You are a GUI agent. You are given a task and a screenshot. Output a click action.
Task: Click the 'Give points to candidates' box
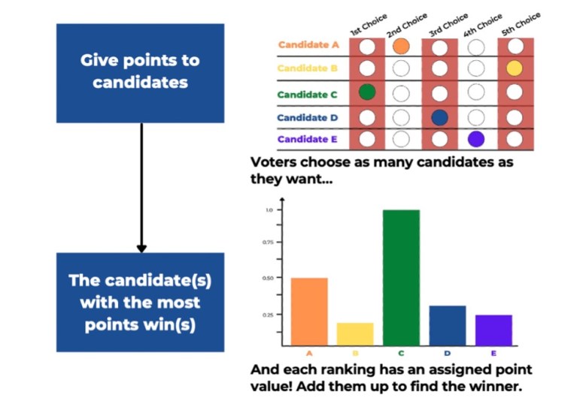click(140, 72)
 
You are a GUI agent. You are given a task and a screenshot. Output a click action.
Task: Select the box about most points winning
click(140, 302)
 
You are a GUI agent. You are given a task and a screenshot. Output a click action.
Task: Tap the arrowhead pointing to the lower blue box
click(141, 248)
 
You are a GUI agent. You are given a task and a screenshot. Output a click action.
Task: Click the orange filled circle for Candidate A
click(401, 47)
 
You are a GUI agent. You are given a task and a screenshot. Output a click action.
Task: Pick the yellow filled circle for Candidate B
click(515, 68)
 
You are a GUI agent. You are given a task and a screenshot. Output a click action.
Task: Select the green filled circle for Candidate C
click(367, 93)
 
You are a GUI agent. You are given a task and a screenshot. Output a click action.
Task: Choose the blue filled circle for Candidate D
click(440, 117)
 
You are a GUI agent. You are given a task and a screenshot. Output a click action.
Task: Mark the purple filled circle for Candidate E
click(475, 139)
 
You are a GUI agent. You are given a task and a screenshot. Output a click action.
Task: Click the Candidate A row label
click(308, 45)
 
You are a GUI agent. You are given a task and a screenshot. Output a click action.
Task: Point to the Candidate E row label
click(308, 140)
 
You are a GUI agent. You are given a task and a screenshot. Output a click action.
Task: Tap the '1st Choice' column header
click(369, 25)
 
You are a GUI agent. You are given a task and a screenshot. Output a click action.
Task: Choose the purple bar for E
click(493, 330)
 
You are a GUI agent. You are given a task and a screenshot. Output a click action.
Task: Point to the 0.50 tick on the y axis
click(269, 278)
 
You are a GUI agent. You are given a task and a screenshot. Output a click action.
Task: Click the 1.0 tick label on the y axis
click(269, 210)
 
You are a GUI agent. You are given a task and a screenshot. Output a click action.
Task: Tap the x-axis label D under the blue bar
click(448, 353)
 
